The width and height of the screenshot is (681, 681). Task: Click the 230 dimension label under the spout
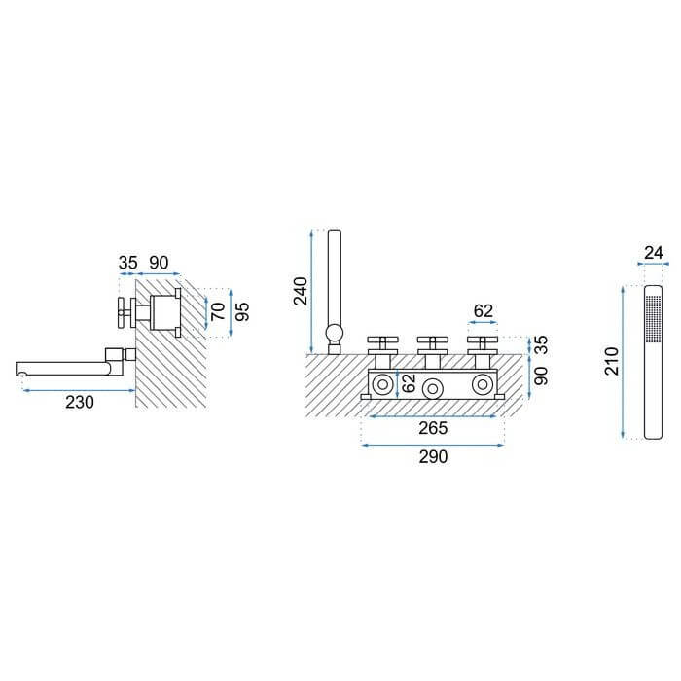80,402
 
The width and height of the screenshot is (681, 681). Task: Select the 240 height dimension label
301,291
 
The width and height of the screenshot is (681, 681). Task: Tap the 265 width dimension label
433,428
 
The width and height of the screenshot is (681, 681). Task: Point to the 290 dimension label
433,457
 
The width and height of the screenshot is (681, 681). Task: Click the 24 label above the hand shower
654,252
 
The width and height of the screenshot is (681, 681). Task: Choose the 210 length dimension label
612,361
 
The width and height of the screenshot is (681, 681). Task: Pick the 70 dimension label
218,311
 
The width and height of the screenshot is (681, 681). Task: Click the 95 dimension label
242,311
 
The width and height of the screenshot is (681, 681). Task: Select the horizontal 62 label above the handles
483,311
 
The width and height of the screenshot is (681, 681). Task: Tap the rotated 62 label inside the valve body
409,383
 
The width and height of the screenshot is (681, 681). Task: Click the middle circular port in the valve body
433,389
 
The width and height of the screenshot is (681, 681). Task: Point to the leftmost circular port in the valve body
383,384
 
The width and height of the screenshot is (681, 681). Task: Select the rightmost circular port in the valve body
483,384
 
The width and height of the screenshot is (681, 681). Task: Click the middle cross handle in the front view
432,344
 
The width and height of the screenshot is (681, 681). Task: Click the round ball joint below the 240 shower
335,333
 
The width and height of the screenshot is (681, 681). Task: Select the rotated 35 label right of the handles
541,344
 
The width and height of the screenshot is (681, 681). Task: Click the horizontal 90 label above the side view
159,263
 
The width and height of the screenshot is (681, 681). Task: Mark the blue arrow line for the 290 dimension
433,445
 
